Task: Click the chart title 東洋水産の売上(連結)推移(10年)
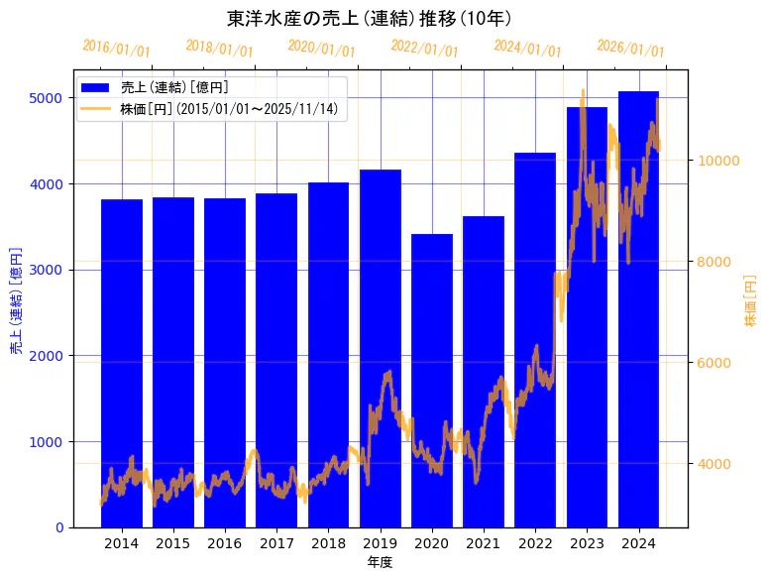[369, 18]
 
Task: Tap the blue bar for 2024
[638, 308]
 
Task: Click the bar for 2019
[381, 348]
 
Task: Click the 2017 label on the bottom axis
[276, 543]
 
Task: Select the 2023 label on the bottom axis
[587, 543]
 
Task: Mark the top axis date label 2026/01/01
[631, 48]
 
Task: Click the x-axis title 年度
[381, 562]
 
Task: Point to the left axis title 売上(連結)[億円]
[17, 299]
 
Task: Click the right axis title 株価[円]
[750, 299]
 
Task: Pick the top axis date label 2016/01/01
[117, 48]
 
